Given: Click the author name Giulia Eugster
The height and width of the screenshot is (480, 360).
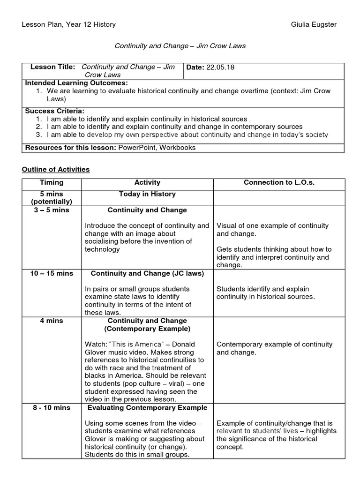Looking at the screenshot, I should (314, 24).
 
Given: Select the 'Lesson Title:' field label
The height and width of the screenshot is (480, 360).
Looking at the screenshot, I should (52, 67).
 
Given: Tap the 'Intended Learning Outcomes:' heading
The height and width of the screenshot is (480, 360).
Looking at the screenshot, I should (76, 83).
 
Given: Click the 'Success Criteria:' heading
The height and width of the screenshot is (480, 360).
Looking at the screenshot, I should (54, 111).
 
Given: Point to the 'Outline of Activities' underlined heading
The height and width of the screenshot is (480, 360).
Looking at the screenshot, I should (56, 169).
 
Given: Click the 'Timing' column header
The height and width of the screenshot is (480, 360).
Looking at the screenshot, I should (52, 183).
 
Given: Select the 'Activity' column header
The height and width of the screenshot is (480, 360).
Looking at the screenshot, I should (147, 183).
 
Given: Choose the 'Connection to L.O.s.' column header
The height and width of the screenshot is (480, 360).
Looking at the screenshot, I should (279, 183).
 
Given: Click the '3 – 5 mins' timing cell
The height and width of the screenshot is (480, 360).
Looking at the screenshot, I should (52, 210).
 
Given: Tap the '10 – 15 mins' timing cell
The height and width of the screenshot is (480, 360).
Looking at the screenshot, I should (52, 273).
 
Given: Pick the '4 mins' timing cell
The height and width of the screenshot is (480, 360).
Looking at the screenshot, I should (52, 321).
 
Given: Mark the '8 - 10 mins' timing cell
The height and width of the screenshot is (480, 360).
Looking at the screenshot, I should (52, 407).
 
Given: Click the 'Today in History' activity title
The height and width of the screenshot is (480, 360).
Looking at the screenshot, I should (147, 194).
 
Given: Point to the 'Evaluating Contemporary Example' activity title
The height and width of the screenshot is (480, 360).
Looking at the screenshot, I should (147, 407).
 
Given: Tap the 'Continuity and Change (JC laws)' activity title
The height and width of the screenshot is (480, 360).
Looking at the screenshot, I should (147, 273).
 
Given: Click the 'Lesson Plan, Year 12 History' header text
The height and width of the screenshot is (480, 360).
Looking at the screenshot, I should (69, 24).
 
